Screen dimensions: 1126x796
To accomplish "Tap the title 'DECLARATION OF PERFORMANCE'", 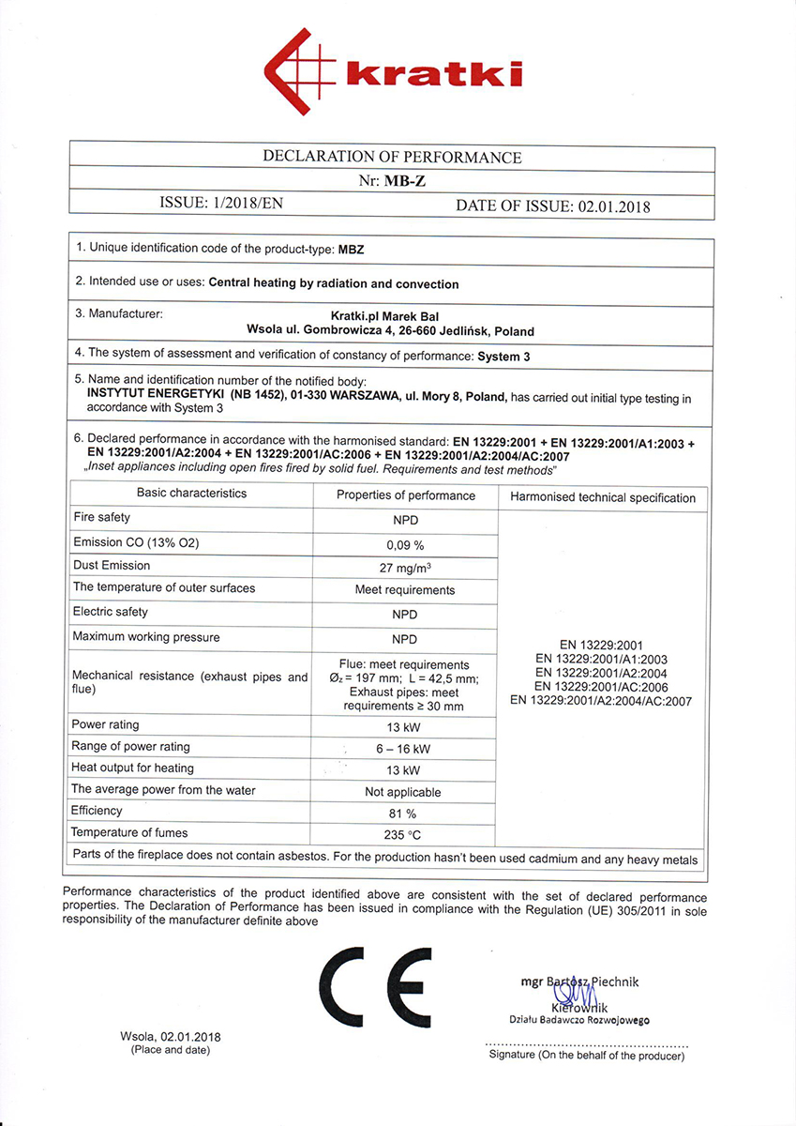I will tap(392, 158).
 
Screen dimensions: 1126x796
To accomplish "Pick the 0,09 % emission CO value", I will tap(405, 543).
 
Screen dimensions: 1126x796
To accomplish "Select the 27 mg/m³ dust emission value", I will tap(405, 567).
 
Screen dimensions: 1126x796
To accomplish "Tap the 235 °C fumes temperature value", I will tap(405, 834).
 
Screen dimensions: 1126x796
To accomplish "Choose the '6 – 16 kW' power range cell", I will tap(405, 748).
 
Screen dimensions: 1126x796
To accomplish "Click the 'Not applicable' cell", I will tap(405, 792).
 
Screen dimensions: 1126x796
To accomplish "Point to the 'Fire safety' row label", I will tap(102, 517).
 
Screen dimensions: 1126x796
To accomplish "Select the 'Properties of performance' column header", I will tap(405, 495).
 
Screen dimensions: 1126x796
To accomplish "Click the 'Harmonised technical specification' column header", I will tap(603, 497).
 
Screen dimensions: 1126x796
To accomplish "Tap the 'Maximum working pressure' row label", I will tap(146, 637).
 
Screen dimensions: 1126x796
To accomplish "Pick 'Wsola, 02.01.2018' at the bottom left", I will tap(171, 1037).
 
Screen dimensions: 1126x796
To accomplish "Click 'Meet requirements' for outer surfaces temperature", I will tap(405, 590).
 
